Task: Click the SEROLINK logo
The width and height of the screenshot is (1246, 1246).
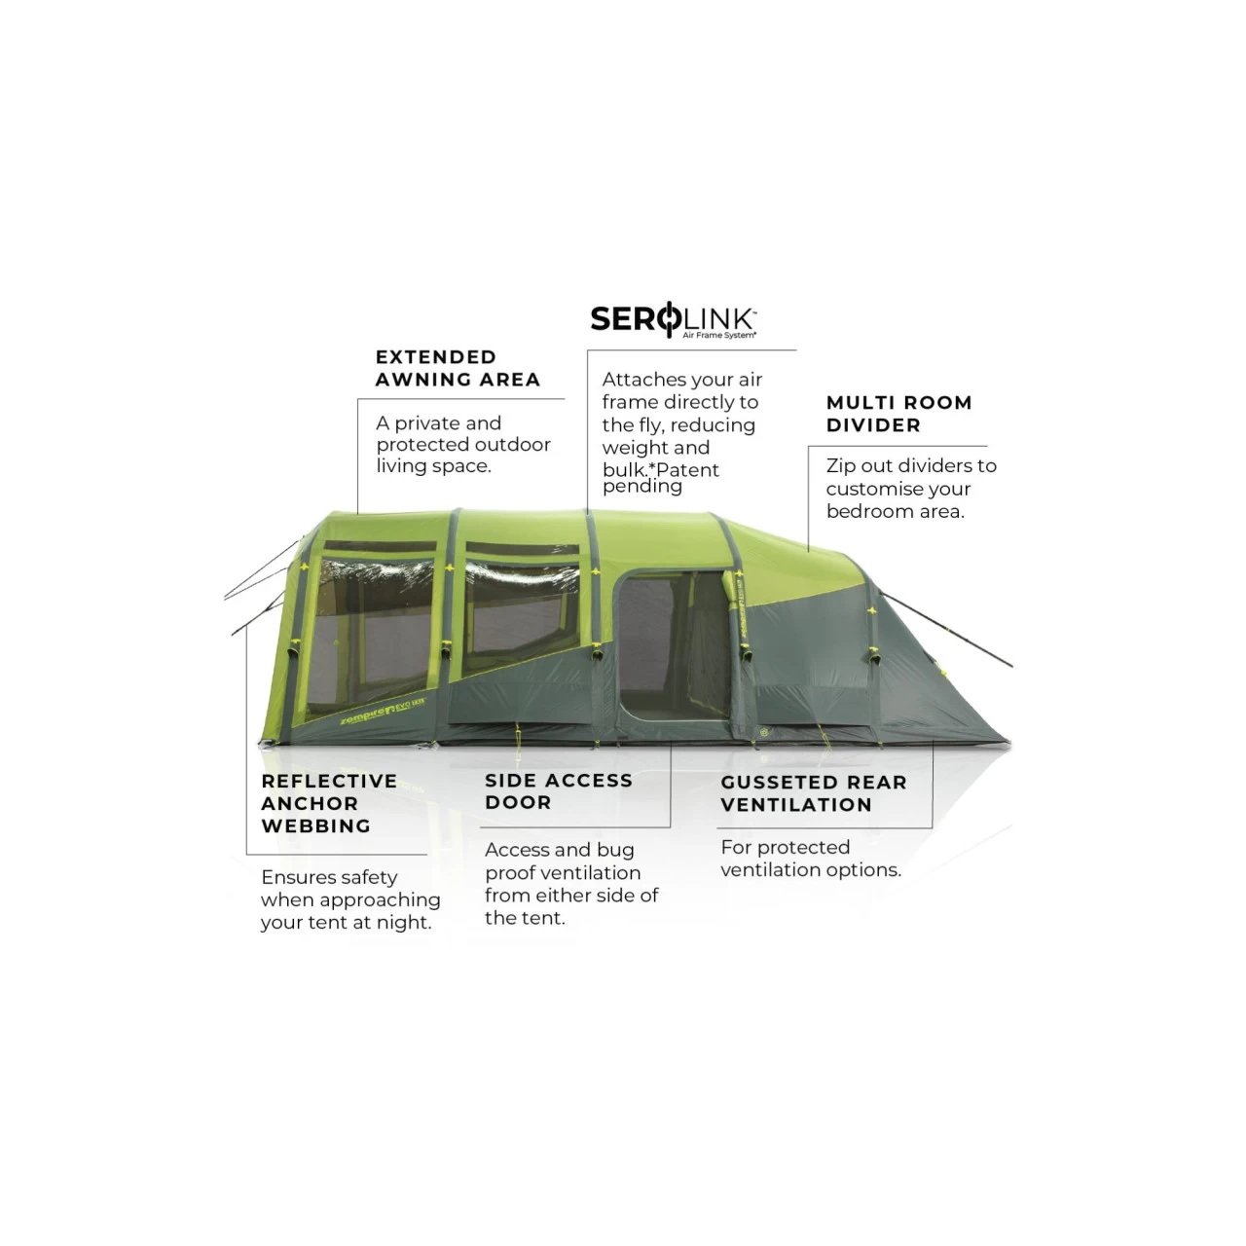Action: click(x=673, y=319)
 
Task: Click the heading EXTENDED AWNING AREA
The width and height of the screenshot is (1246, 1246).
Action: click(x=458, y=368)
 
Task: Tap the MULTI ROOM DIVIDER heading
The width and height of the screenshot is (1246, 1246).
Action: click(x=898, y=414)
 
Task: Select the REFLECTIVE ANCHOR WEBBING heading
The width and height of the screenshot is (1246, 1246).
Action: click(x=329, y=803)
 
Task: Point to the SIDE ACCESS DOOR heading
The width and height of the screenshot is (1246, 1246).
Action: click(x=559, y=790)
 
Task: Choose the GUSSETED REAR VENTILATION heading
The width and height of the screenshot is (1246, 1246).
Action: click(x=814, y=793)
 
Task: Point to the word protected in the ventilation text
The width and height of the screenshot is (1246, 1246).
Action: click(x=802, y=848)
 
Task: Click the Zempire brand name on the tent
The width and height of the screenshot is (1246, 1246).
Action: click(x=366, y=715)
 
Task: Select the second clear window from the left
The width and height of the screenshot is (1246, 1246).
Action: click(x=521, y=614)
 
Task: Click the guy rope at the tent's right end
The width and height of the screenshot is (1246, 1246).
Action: click(x=946, y=629)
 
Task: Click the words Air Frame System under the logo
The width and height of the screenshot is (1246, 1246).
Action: click(x=719, y=335)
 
